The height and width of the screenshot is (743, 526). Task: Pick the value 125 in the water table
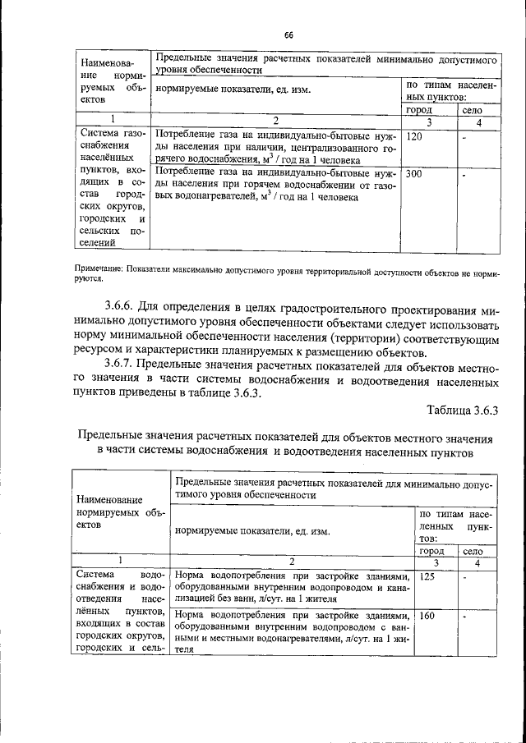click(427, 577)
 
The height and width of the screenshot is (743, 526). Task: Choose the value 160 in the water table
click(427, 615)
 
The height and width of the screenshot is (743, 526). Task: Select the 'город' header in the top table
click(420, 109)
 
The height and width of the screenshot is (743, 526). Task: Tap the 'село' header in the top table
click(472, 109)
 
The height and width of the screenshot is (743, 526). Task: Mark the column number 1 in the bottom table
click(120, 562)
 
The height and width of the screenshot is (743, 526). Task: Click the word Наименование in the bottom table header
click(110, 498)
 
